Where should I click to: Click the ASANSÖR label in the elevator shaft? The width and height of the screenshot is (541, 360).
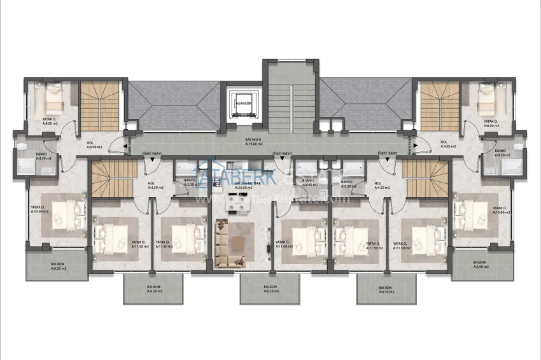[242, 102]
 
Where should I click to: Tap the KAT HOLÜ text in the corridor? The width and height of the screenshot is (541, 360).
[255, 141]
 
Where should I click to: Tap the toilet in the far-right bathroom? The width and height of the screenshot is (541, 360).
[518, 147]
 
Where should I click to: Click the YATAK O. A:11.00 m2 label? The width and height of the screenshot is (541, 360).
[284, 244]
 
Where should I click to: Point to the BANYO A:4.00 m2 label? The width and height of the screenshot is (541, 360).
[309, 183]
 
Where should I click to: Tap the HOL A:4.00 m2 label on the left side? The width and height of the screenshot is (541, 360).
[94, 145]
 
